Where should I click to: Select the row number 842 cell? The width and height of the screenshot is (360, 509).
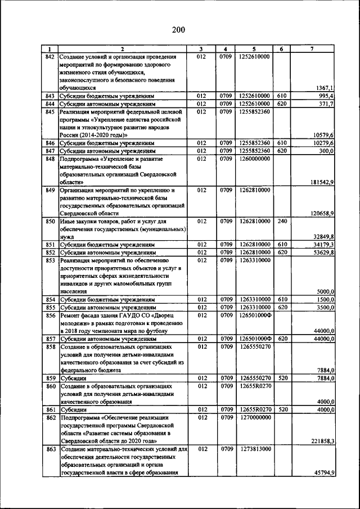49,57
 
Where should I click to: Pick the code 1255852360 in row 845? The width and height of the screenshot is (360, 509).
254,112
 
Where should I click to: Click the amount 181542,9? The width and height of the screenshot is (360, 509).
322,182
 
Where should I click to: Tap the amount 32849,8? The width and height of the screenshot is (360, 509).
323,237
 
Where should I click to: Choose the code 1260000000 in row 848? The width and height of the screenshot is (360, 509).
254,159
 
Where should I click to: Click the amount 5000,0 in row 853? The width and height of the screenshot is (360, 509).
325,291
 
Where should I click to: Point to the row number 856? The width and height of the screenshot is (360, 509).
49,316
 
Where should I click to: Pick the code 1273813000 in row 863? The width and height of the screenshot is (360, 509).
254,449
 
